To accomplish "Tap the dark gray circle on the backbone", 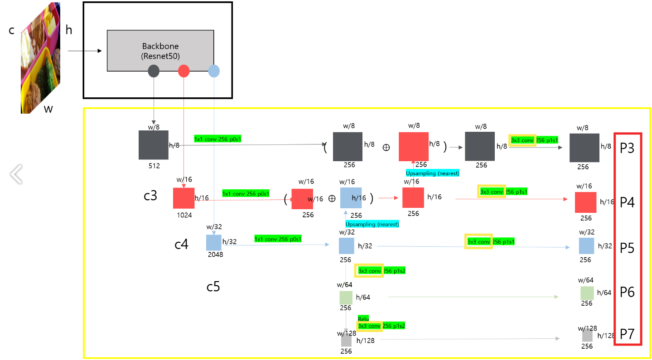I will pos(154,71).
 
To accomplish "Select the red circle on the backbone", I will pos(184,71).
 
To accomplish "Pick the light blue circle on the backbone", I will pos(213,71).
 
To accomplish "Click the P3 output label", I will pos(628,148).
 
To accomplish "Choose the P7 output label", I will pos(628,334).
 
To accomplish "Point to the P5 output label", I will pos(628,248).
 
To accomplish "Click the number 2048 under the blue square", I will pos(215,254).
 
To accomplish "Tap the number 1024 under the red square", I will pos(184,215).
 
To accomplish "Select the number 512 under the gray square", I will pos(154,166).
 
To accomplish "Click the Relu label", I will pos(363,319).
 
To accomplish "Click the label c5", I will pos(213,287).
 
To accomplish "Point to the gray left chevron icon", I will pos(16,174).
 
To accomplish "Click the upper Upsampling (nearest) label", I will pos(433,173).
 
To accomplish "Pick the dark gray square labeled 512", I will pos(154,145).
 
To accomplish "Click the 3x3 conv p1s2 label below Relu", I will pos(381,326).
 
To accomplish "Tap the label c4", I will pos(181,245).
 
